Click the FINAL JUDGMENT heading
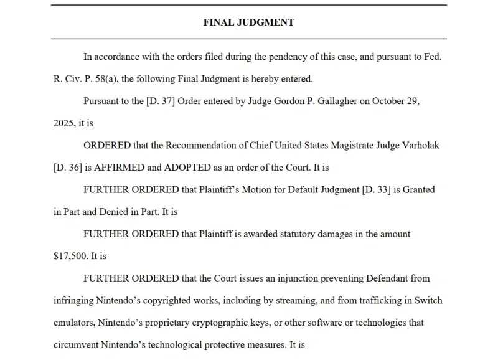[248, 22]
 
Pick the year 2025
[65, 123]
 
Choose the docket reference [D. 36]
[68, 168]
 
